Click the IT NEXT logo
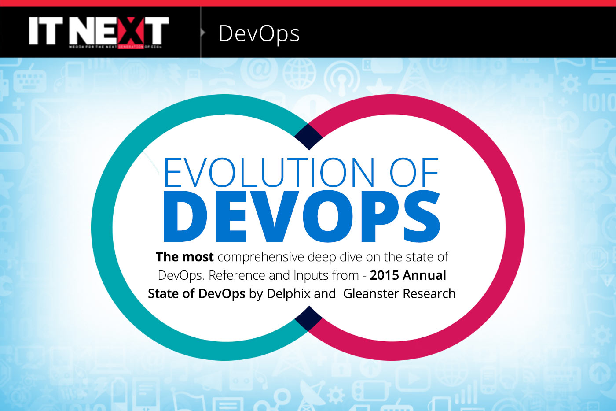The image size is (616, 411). tap(98, 32)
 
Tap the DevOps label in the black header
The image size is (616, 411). tap(259, 34)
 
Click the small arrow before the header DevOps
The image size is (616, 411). tap(203, 33)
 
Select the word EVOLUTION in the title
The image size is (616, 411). tap(269, 173)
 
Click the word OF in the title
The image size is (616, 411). tap(414, 173)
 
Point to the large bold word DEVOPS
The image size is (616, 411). tap(301, 217)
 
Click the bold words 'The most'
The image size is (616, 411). tap(184, 257)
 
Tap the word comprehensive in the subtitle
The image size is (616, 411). tap(260, 257)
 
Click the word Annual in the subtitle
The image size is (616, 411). tap(426, 275)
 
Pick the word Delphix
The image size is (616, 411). tap(288, 294)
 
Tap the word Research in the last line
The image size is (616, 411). tap(429, 294)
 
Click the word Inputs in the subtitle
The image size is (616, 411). tap(311, 276)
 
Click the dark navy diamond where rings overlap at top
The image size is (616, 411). tap(308, 137)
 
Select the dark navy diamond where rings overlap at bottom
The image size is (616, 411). tap(308, 318)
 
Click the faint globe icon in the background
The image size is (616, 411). tap(299, 73)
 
